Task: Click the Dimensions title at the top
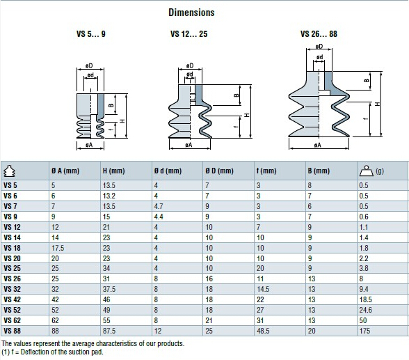click(191, 13)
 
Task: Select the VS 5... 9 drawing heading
click(90, 34)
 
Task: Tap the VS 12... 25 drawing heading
click(189, 34)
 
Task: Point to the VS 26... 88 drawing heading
click(319, 34)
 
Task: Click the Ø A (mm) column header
click(65, 171)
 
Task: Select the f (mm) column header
click(266, 171)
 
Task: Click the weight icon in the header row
click(367, 171)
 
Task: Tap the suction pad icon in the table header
click(10, 171)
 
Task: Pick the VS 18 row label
click(12, 248)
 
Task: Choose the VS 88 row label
click(12, 331)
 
